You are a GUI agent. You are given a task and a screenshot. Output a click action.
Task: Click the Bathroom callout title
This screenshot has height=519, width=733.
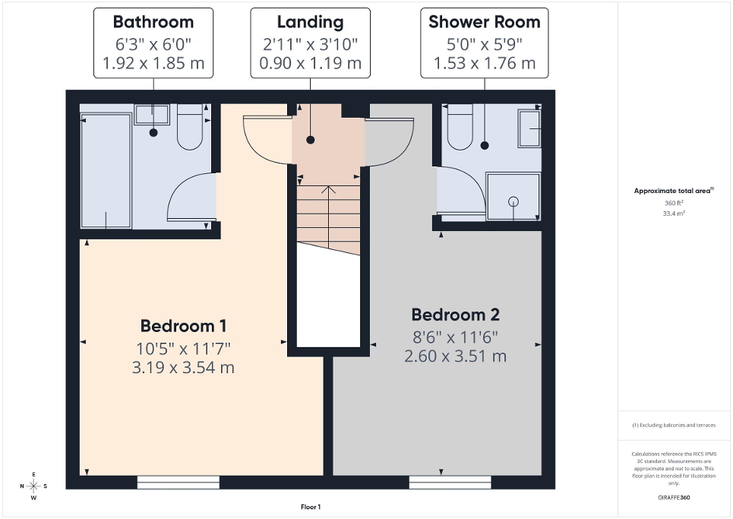[153, 22]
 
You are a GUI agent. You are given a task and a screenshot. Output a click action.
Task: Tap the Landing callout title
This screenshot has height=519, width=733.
[310, 22]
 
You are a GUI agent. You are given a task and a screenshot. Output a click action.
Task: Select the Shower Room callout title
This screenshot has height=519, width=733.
[484, 22]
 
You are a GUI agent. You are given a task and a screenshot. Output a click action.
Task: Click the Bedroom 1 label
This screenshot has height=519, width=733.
[183, 326]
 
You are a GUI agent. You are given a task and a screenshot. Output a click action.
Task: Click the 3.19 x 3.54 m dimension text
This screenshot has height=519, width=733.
[183, 368]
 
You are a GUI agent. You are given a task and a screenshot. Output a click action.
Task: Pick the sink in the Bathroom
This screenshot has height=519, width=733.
[152, 115]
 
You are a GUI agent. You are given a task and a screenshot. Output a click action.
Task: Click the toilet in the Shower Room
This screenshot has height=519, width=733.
[460, 128]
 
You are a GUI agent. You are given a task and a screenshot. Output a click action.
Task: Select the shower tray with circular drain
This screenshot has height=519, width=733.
[513, 197]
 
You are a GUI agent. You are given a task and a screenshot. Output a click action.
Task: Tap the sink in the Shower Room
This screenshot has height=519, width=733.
[529, 128]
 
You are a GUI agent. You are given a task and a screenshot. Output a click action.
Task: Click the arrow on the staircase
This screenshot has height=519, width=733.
[328, 191]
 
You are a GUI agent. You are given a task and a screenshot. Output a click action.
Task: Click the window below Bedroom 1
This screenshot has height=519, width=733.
[179, 482]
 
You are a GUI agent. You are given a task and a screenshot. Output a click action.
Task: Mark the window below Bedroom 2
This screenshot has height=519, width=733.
[450, 482]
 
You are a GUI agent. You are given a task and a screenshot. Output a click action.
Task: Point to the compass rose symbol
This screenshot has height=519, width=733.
[33, 486]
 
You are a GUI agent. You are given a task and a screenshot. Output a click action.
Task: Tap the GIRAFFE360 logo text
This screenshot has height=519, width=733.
[675, 498]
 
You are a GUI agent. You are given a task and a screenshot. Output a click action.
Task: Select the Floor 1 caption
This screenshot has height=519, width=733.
[311, 507]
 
